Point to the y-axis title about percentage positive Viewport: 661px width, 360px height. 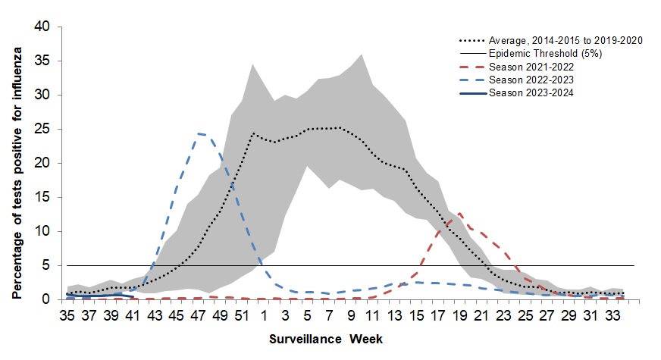[x=17, y=163]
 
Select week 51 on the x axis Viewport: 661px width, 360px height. [x=243, y=315]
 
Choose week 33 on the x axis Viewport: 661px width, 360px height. [x=612, y=315]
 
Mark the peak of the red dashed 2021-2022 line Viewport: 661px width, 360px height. [x=459, y=214]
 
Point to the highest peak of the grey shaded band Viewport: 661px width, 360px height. [x=361, y=54]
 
